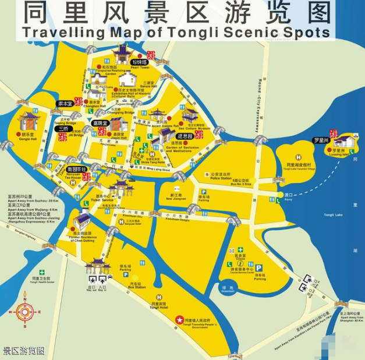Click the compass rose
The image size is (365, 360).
[24, 309]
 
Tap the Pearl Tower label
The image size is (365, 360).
[140, 68]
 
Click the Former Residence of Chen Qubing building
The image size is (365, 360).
[82, 220]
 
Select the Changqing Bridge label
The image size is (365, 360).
[121, 112]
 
